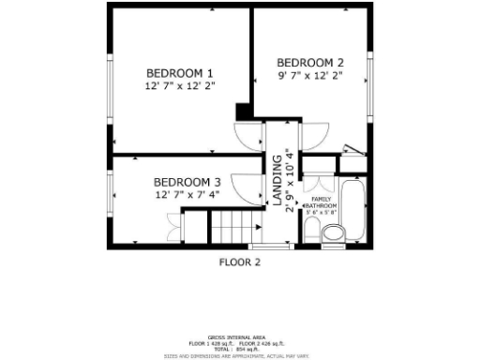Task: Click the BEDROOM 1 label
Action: tap(180, 73)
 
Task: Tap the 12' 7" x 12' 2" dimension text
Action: tap(180, 86)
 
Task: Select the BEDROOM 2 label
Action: tap(309, 62)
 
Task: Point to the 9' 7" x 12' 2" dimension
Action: tap(309, 75)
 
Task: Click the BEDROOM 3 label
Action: tap(187, 182)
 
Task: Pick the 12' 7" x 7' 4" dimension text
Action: tap(187, 195)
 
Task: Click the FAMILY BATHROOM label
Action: tap(321, 202)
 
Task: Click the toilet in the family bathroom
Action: tap(332, 232)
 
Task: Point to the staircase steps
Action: tap(234, 227)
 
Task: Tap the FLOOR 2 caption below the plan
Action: tap(239, 262)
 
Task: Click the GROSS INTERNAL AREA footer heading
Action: tap(239, 336)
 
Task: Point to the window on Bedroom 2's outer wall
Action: tap(371, 74)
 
